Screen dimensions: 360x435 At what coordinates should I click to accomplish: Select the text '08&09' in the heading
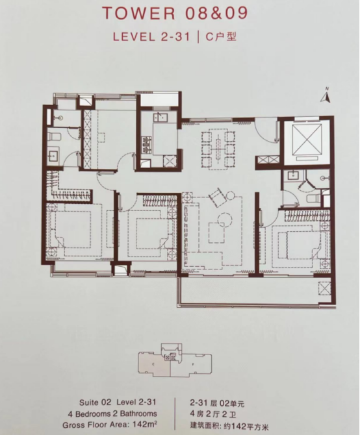pos(216,13)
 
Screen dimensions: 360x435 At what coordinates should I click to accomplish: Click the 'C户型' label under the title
pos(221,36)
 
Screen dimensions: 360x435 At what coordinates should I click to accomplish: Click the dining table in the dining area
pos(218,149)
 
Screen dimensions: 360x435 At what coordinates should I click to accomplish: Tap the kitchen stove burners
pos(146,144)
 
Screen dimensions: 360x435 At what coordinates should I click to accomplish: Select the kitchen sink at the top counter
pos(161,118)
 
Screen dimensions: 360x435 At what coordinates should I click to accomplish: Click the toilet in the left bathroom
pos(55,136)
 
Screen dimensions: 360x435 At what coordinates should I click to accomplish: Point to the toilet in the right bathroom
pos(315,199)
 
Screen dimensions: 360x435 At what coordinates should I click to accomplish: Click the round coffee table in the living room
pos(224,220)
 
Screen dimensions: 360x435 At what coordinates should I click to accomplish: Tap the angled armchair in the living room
pos(217,197)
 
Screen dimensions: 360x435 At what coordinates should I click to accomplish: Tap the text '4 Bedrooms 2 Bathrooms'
pos(112,414)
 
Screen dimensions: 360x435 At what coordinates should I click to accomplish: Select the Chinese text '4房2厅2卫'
pos(213,415)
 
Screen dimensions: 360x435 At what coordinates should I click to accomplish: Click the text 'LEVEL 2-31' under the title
pos(151,36)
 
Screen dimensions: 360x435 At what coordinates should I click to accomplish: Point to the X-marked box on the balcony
pos(325,288)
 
